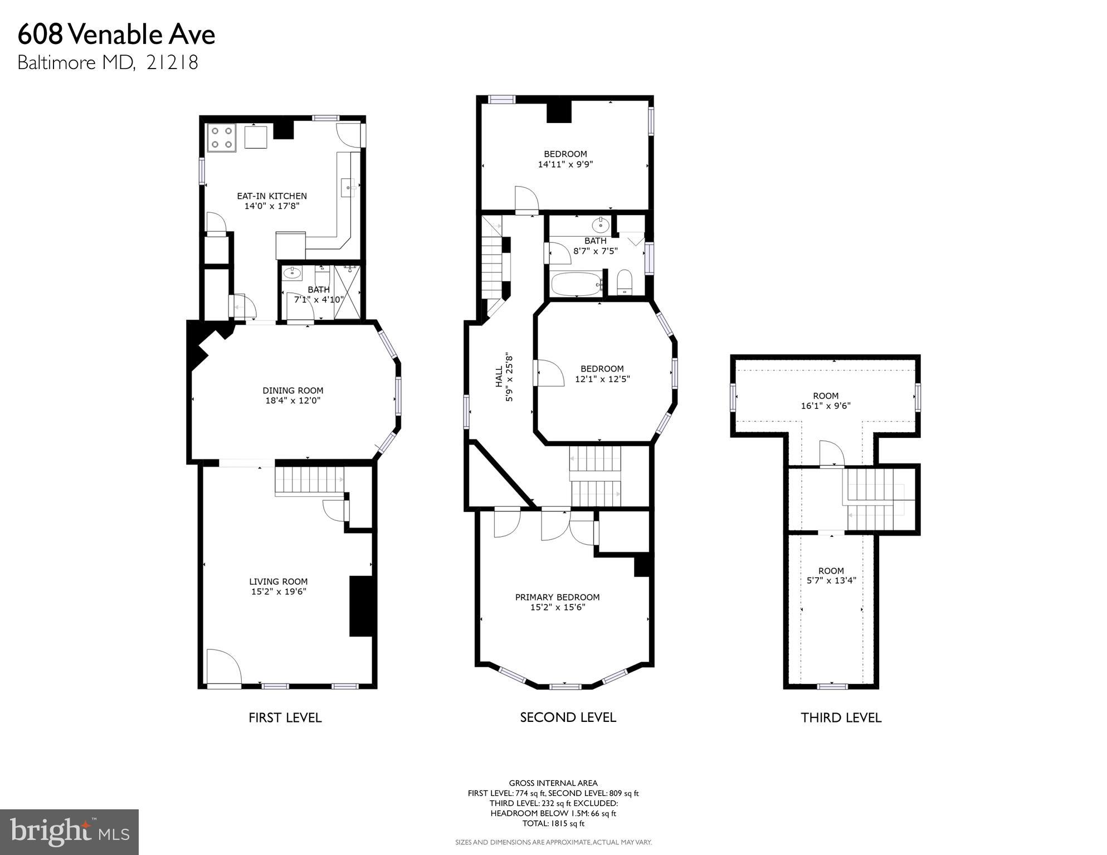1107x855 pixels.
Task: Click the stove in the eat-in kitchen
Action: click(221, 138)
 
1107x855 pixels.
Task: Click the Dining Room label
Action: click(292, 390)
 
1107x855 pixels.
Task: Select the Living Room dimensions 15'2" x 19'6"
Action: click(279, 592)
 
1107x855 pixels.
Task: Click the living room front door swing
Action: click(223, 666)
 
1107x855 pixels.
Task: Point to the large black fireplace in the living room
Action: click(360, 606)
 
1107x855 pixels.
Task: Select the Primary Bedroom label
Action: click(557, 597)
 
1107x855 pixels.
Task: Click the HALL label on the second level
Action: click(499, 377)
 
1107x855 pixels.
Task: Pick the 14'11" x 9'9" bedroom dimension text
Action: click(565, 164)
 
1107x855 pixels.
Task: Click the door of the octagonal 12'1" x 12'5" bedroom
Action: click(548, 373)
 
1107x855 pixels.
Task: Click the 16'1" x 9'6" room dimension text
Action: click(826, 406)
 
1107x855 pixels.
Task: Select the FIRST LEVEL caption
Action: click(285, 717)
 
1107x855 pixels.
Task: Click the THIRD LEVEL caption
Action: click(841, 717)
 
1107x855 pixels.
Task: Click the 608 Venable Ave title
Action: click(116, 35)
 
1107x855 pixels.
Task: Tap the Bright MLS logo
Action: click(69, 832)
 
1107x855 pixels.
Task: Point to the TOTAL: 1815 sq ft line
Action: click(553, 823)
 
